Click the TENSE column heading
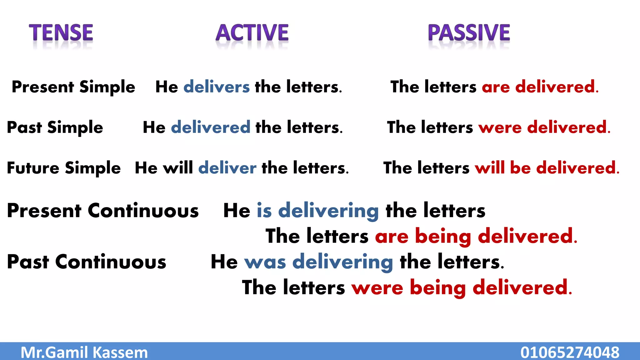pos(61,33)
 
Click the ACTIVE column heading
pos(252,33)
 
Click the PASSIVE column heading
pos(469,33)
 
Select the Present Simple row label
pos(73,87)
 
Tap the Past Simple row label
pos(55,127)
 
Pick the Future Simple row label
pos(64,168)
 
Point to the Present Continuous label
pos(103,211)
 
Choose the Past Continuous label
pos(87,262)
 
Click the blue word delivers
pos(217,87)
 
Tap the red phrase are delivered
pos(540,87)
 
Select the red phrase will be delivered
pos(547,168)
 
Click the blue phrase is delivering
pos(318,211)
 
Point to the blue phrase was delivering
pos(318,262)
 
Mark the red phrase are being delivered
pos(476,236)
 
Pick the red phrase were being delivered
pos(462,287)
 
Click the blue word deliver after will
pos(227,168)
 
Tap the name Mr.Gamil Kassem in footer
pos(84,352)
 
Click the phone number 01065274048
pos(570,352)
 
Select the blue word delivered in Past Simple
pos(211,127)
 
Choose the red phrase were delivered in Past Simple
pos(544,127)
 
